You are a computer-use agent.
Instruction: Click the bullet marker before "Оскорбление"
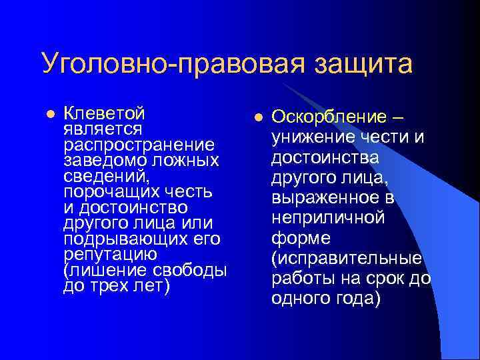tap(257, 117)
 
